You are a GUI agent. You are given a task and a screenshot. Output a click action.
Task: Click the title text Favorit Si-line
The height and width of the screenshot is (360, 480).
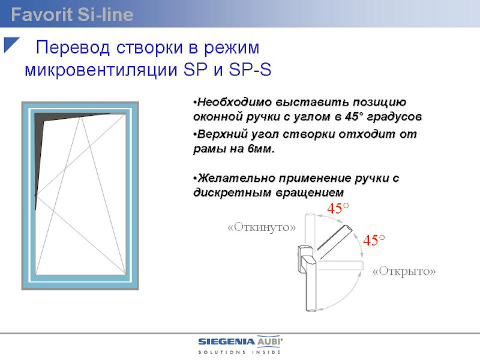[x=72, y=14]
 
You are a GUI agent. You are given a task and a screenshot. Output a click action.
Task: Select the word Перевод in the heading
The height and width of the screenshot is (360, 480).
[x=73, y=48]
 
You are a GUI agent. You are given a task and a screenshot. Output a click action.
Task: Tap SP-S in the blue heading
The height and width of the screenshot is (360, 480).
[x=250, y=70]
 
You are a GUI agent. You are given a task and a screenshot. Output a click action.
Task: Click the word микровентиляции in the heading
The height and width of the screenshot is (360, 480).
[x=101, y=70]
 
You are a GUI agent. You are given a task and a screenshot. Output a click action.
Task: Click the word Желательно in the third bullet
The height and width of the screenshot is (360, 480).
[x=236, y=178]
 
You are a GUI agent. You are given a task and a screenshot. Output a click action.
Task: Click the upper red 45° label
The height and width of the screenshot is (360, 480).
[x=338, y=208]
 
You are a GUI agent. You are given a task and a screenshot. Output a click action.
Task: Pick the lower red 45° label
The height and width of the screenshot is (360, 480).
[x=374, y=240]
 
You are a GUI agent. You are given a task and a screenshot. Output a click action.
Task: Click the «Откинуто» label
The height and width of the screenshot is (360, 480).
[x=262, y=227]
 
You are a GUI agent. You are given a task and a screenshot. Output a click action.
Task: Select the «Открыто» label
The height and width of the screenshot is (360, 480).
[x=404, y=271]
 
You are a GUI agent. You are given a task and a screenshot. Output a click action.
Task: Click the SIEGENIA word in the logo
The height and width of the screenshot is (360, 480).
[x=227, y=341]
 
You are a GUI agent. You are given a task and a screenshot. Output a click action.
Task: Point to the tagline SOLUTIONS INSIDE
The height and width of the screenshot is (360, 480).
[x=239, y=352]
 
